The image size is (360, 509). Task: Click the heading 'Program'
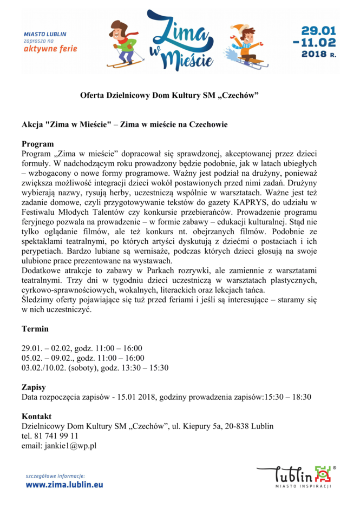[37, 144]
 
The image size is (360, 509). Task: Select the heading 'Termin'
[35, 328]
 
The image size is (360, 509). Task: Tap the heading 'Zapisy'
[34, 387]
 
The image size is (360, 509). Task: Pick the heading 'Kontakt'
[36, 417]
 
